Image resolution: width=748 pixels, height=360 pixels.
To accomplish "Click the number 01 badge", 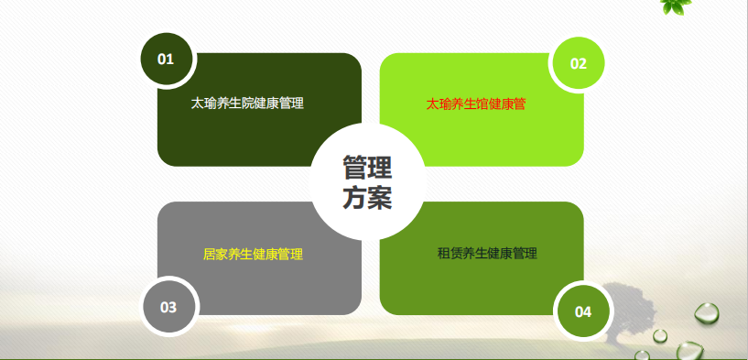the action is point(166,60).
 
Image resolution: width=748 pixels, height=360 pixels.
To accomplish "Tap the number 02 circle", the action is point(579,63).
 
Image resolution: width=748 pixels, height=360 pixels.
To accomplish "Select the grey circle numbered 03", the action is point(168,307).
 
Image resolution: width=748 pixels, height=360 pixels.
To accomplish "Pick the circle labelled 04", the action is point(583,311).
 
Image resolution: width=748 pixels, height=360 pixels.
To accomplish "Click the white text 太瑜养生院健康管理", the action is point(247,104).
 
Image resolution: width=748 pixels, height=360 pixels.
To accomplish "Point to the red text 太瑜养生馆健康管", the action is point(475,104).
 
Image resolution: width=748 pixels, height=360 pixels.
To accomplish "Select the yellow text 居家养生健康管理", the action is point(253,254).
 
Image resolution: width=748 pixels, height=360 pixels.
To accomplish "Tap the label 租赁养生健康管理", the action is point(487,253).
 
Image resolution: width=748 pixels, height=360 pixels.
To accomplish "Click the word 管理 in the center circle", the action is point(367,167).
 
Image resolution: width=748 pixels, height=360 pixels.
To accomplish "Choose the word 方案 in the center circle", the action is point(367,197).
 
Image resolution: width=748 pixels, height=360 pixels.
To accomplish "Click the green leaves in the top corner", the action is point(676,6).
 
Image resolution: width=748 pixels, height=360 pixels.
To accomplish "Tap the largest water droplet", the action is point(707,312).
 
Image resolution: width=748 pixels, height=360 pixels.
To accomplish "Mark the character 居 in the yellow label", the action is point(209,254).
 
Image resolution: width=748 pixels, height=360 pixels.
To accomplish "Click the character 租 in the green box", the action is point(444,253).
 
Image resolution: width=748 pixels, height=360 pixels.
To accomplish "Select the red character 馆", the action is point(482,104).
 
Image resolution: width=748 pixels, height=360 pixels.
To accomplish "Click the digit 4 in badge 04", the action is point(588,312).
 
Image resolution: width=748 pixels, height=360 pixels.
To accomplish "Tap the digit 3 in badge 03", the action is point(173,307).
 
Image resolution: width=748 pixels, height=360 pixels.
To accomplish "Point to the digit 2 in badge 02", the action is point(582,63).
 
